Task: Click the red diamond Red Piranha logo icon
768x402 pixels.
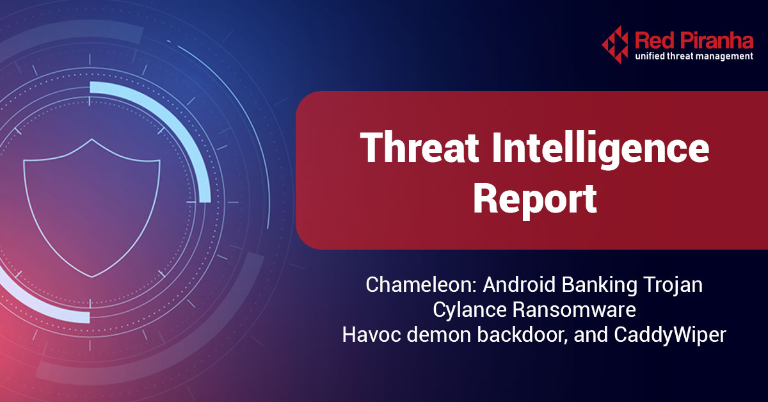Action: click(x=615, y=44)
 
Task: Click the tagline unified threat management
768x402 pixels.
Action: click(x=694, y=57)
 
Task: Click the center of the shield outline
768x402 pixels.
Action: click(x=92, y=205)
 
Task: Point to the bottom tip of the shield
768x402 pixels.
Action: click(x=92, y=277)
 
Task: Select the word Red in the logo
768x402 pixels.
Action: click(x=653, y=41)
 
